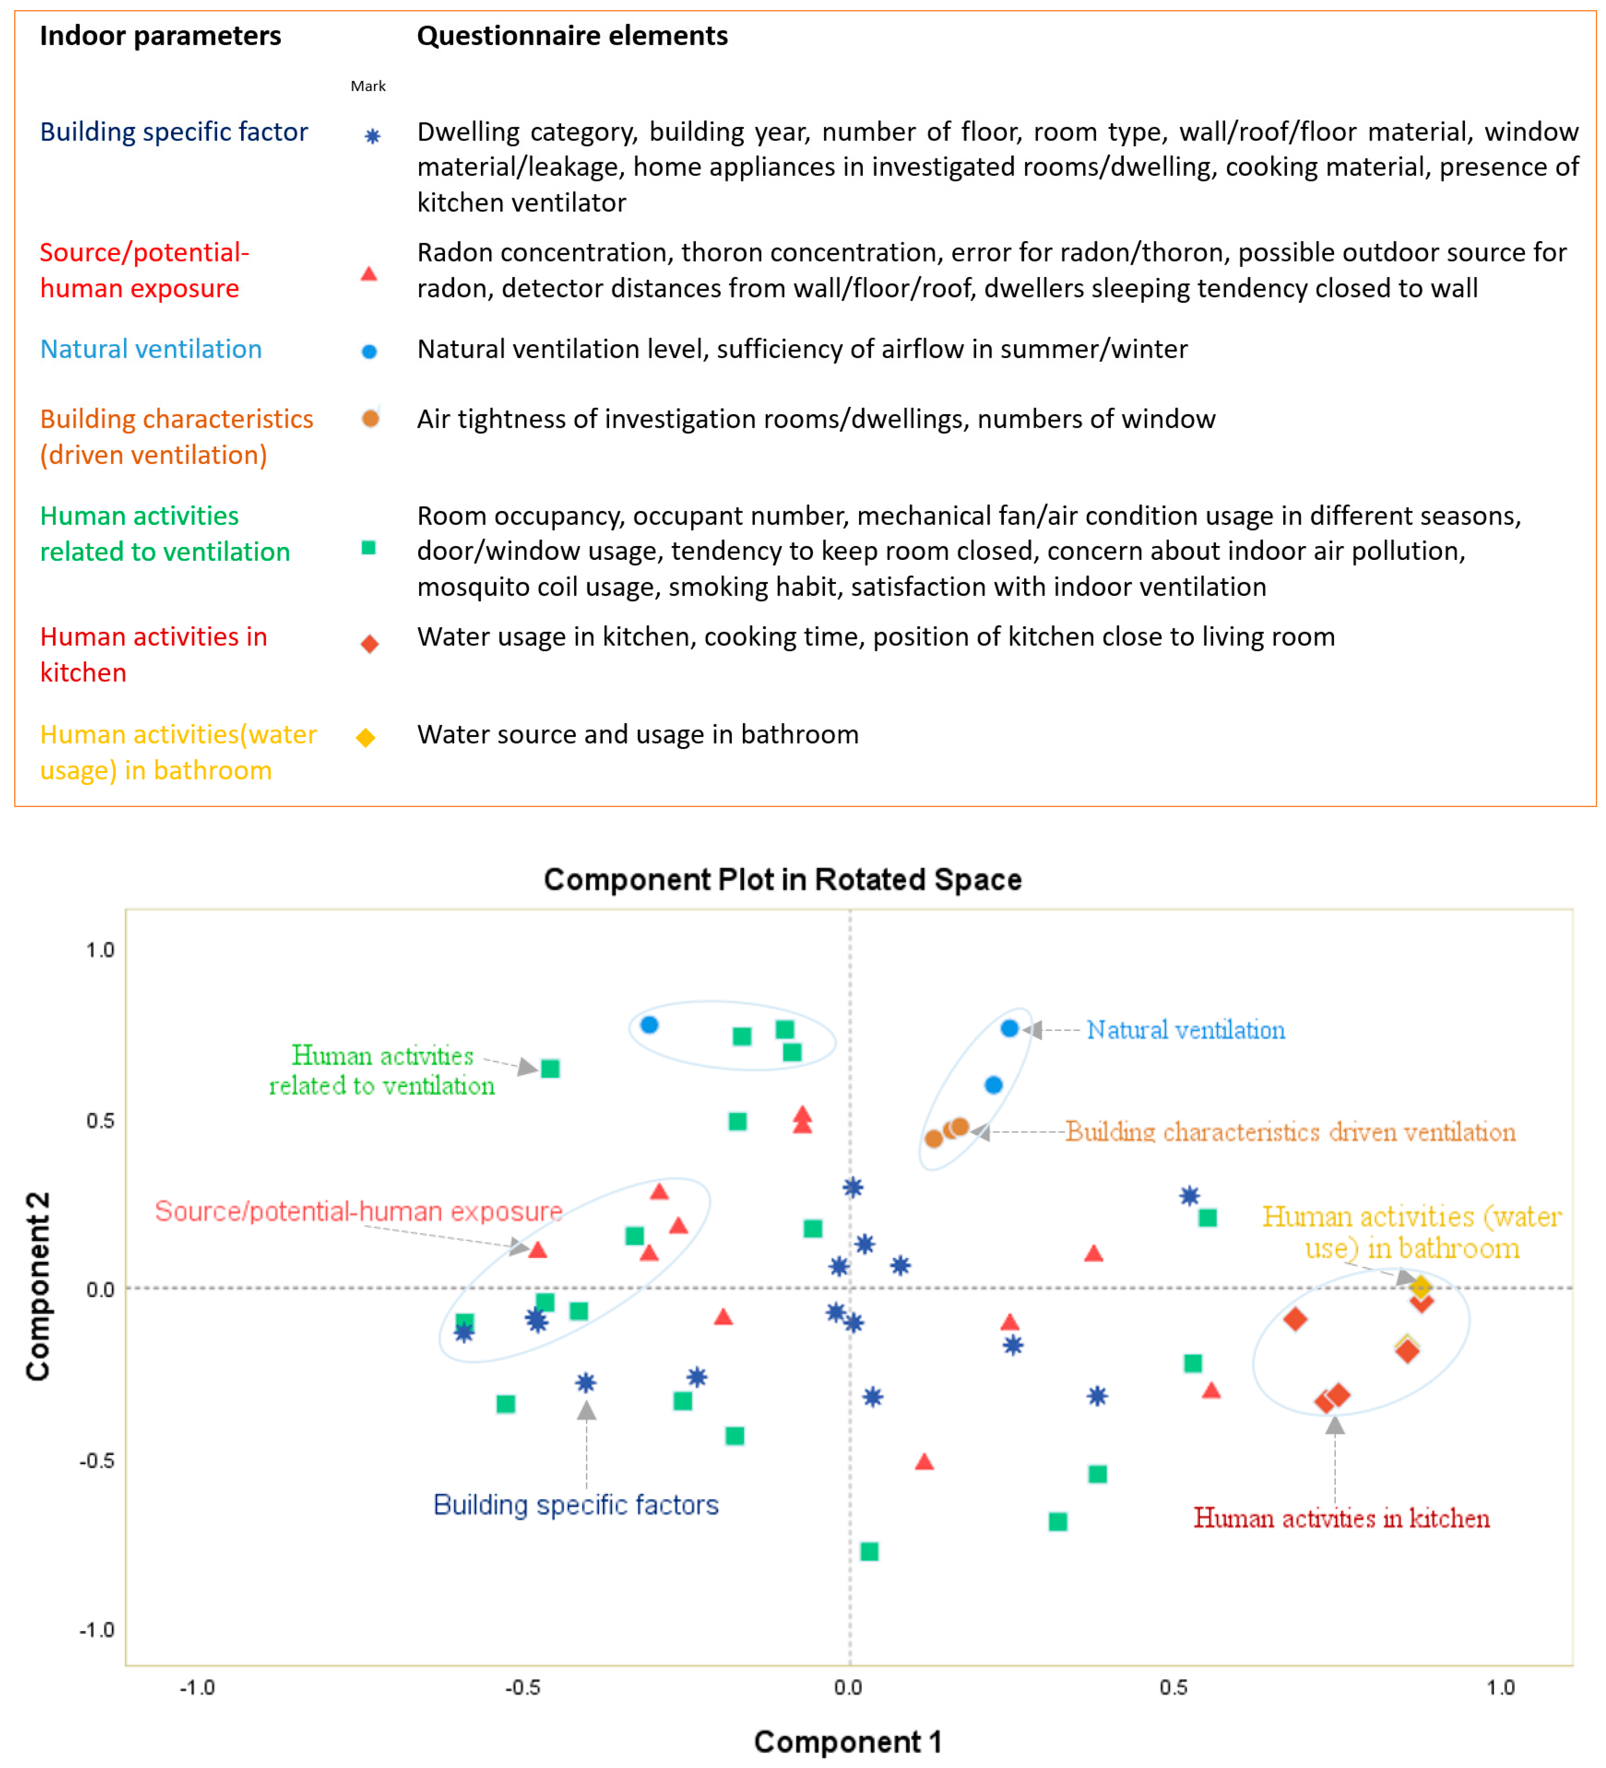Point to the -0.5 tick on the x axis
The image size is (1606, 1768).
[x=523, y=1687]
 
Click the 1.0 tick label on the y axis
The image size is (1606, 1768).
[x=100, y=950]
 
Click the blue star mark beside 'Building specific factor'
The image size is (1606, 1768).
[x=372, y=136]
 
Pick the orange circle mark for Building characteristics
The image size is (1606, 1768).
[x=370, y=419]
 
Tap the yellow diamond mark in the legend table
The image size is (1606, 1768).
[x=366, y=737]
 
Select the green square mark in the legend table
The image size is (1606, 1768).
[x=368, y=548]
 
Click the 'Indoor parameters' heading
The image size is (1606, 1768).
[x=160, y=36]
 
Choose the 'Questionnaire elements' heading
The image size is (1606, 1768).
[x=572, y=36]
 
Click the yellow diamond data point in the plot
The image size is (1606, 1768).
[x=1420, y=1287]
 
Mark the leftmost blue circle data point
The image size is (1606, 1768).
[x=649, y=1024]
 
